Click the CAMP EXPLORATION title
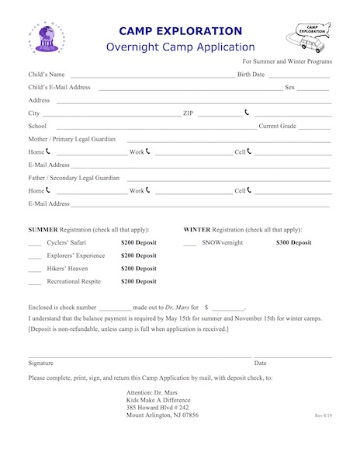point(180,31)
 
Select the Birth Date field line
point(299,76)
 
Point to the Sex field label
point(289,87)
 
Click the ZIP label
point(188,113)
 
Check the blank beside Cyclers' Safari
point(34,244)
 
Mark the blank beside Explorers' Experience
point(34,256)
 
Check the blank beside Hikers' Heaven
point(34,269)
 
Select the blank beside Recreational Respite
point(34,282)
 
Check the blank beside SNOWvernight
point(189,244)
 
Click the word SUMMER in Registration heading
point(42,230)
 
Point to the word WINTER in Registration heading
point(196,230)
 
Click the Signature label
point(41,363)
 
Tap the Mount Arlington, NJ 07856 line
point(162,416)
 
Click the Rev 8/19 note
point(323,416)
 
